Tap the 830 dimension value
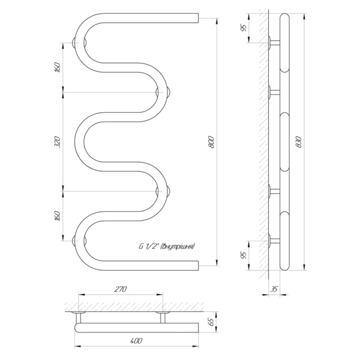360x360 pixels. [299, 142]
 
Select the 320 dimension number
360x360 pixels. [58, 142]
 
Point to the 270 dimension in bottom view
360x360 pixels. [121, 289]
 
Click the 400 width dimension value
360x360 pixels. [136, 340]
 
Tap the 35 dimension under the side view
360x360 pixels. [274, 289]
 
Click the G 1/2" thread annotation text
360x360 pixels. [166, 247]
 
